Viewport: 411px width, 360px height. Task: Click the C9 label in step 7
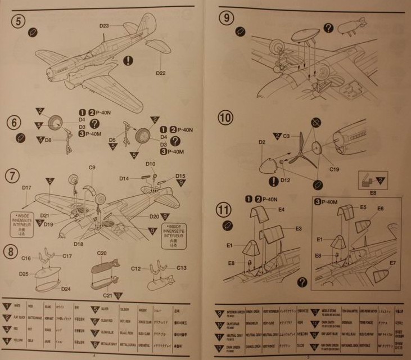pos(92,167)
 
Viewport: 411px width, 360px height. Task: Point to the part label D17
pos(26,187)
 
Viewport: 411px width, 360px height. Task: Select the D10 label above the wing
pos(150,164)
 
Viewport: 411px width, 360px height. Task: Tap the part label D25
pos(24,274)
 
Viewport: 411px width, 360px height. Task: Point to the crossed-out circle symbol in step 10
pos(316,121)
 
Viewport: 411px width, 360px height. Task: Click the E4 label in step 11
pos(282,209)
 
